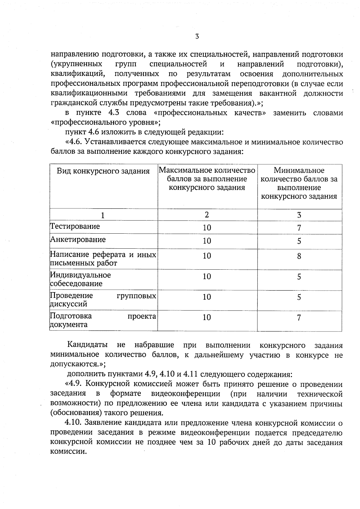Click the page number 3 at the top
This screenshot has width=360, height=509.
(197, 37)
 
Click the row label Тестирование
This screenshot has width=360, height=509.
(75, 226)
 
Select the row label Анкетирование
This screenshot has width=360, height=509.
(78, 240)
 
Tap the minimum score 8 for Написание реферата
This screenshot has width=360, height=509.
(299, 256)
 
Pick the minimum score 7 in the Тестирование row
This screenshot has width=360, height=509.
(299, 228)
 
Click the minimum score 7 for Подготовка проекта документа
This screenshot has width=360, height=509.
(299, 318)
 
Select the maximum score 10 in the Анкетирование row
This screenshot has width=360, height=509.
(207, 241)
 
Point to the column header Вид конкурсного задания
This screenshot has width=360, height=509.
(103, 171)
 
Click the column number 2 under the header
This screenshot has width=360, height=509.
(207, 215)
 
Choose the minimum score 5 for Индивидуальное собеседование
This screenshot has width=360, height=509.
(299, 277)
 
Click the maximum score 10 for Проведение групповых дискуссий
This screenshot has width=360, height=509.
(207, 297)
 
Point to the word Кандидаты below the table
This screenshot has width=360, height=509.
(87, 345)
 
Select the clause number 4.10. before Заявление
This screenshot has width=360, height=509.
(73, 423)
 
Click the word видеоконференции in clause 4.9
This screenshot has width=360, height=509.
(186, 394)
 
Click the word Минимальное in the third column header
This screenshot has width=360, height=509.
(299, 170)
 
